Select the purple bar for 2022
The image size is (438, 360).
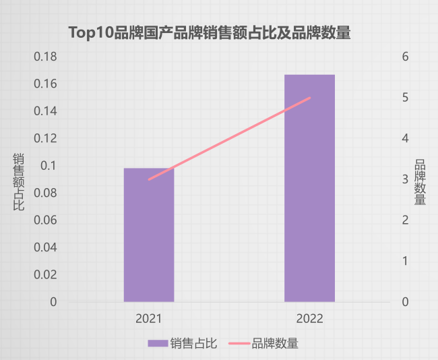point(309,188)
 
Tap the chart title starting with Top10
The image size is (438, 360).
point(210,32)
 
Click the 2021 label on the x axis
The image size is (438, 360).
point(149,318)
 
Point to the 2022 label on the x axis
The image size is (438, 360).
point(309,318)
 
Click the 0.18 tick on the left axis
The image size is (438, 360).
point(45,57)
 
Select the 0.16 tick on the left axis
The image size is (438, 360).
point(45,84)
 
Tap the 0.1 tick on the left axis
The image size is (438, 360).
point(49,166)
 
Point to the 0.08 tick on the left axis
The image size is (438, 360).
point(45,193)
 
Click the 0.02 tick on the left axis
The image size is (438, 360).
point(45,275)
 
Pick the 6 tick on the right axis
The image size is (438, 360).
point(406,57)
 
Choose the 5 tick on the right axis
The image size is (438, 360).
point(406,98)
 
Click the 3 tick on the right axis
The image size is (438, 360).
point(406,179)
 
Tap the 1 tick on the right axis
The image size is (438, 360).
point(406,261)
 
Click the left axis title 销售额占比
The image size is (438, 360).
point(19,181)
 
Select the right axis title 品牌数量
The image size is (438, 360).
point(420,181)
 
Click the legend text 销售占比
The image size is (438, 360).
point(193,343)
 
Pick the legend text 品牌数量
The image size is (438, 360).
point(275,343)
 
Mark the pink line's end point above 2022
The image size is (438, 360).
point(310,98)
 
